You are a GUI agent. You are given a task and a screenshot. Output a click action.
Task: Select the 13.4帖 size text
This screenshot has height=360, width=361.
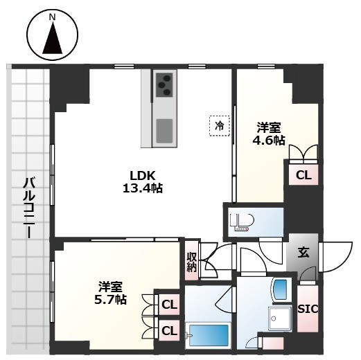pyautogui.click(x=143, y=188)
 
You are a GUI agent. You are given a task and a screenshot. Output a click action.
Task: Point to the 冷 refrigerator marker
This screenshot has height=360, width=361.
pyautogui.click(x=219, y=125)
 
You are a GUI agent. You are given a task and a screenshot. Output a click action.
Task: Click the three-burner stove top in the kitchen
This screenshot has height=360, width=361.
pyautogui.click(x=164, y=85)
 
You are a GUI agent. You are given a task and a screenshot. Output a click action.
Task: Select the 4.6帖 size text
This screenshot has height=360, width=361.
pyautogui.click(x=268, y=141)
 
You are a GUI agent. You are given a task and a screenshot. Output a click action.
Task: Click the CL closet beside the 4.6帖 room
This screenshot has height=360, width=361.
pyautogui.click(x=303, y=175)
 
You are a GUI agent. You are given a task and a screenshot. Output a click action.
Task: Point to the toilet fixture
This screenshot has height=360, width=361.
pyautogui.click(x=245, y=222)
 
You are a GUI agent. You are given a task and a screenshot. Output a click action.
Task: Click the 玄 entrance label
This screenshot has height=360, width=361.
pyautogui.click(x=303, y=253)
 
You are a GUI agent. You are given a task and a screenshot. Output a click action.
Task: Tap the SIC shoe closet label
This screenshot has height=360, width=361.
pyautogui.click(x=308, y=309)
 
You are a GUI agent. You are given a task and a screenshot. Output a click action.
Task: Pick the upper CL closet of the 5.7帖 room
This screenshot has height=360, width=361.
pyautogui.click(x=169, y=303)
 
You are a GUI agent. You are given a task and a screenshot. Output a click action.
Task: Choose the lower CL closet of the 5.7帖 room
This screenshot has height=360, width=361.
pyautogui.click(x=169, y=330)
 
